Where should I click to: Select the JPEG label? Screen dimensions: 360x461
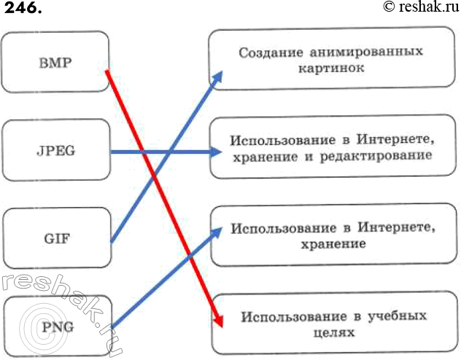[55, 152]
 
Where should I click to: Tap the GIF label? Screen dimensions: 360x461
[55, 238]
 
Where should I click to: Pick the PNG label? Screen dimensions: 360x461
[58, 326]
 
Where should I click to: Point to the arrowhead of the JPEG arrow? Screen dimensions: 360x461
[217, 152]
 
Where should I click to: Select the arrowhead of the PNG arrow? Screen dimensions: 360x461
[217, 233]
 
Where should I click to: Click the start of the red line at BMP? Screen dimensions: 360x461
[108, 71]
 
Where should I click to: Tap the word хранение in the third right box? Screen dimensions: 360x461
[332, 243]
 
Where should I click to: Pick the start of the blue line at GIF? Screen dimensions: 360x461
[110, 240]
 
